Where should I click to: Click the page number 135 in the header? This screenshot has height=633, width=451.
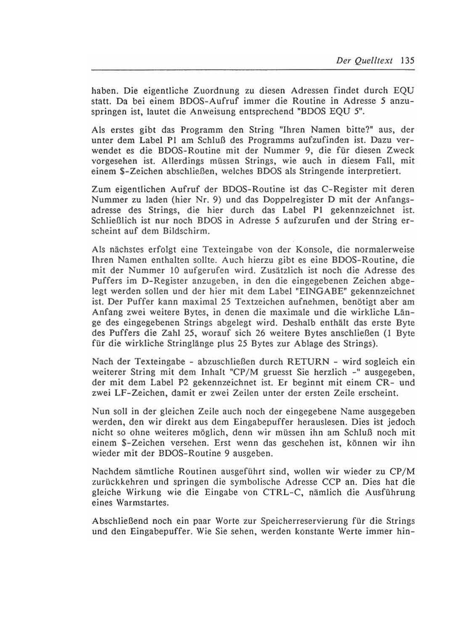tap(407, 60)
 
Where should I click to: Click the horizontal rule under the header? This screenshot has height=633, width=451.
tap(253, 70)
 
